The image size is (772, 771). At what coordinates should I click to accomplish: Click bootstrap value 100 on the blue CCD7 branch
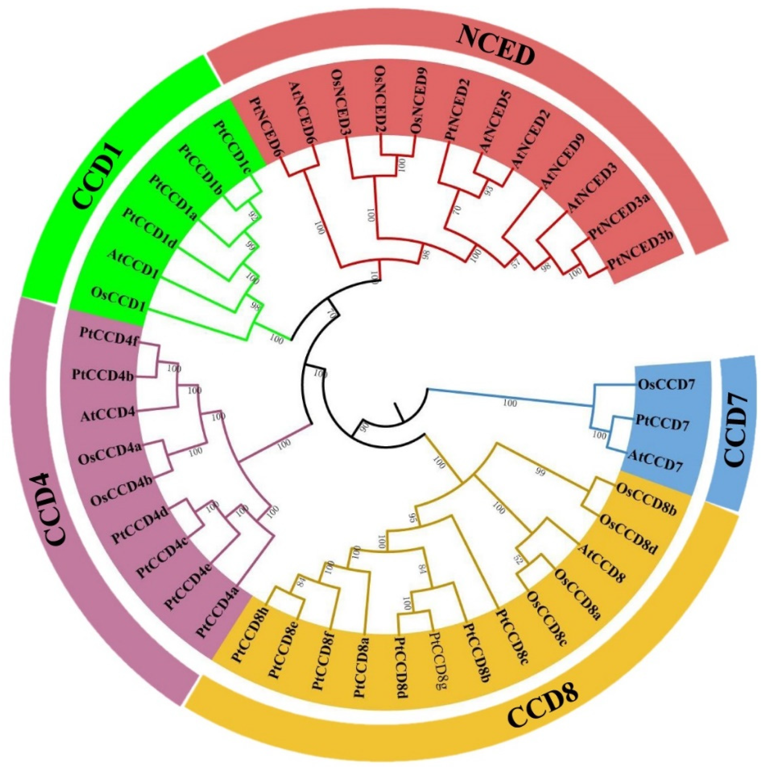pos(510,404)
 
